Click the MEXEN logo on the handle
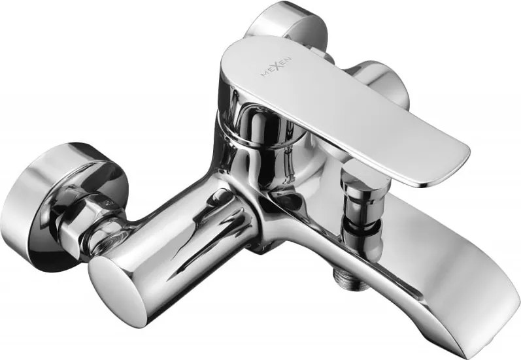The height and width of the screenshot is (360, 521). coord(277,66)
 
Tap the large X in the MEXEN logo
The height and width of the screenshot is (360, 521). coord(278,66)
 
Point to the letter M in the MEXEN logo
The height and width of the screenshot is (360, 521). coord(265,74)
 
